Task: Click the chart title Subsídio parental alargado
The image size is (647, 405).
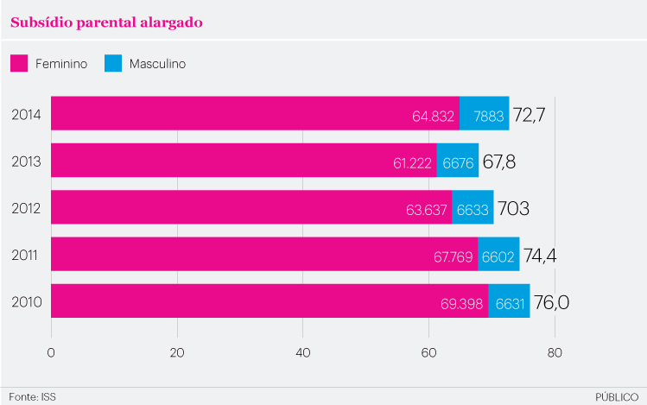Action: (106, 22)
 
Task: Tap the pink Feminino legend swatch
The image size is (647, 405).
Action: (20, 63)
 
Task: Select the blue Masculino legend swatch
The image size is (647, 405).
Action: (113, 63)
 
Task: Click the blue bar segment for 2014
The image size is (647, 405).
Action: (484, 114)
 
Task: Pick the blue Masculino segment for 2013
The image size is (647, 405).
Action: (457, 161)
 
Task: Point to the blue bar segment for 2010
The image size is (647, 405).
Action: (509, 301)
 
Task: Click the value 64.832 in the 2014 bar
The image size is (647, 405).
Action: (434, 115)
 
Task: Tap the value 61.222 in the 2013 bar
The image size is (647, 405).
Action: (413, 161)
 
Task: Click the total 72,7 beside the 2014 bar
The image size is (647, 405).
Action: (530, 114)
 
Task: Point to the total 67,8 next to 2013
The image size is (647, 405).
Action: (499, 161)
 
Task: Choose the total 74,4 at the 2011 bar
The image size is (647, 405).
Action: (541, 255)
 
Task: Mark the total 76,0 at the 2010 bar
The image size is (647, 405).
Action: (551, 301)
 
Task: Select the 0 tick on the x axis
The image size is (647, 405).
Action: (52, 352)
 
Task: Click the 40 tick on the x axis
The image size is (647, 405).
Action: (303, 352)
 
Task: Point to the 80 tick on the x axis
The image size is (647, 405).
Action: (555, 352)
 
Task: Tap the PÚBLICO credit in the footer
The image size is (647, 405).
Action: (617, 396)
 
